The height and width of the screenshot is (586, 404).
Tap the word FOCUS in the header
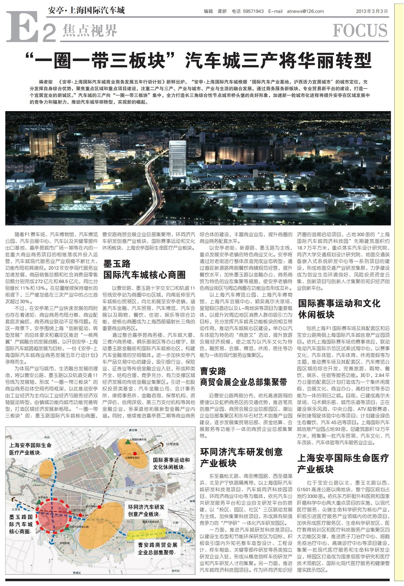(360, 31)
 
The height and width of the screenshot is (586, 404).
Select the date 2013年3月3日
(371, 11)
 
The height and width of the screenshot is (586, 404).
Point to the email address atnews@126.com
(305, 11)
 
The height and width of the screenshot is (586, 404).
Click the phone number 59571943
(253, 11)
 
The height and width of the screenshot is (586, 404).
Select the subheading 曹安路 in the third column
(213, 371)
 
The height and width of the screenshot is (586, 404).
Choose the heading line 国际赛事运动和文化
(339, 303)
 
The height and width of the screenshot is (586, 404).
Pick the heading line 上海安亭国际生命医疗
(343, 458)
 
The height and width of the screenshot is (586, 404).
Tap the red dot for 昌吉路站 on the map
(100, 507)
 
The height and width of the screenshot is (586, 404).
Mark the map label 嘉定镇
(133, 430)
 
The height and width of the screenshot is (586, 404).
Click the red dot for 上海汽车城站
(80, 514)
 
